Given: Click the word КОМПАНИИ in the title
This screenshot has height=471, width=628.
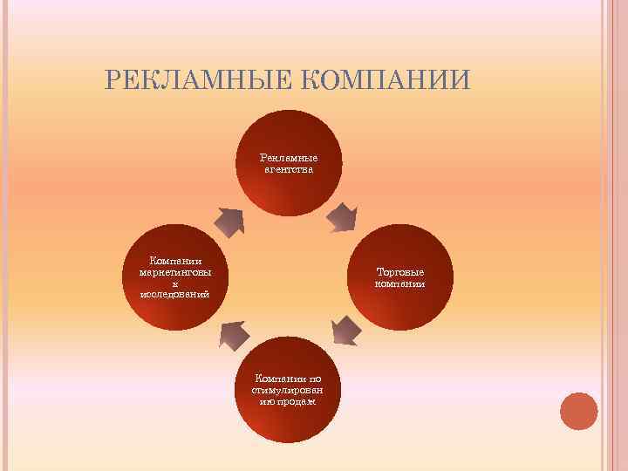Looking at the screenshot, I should pyautogui.click(x=386, y=80).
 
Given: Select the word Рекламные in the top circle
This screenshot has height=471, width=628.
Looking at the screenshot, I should pyautogui.click(x=288, y=158).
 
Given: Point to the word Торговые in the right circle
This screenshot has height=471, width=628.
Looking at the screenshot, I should pyautogui.click(x=400, y=271).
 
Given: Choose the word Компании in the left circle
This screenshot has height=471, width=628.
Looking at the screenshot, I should pyautogui.click(x=175, y=260).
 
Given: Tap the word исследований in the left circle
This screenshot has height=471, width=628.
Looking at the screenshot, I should pyautogui.click(x=175, y=294).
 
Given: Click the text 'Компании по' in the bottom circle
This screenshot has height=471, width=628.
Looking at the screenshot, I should pyautogui.click(x=288, y=379).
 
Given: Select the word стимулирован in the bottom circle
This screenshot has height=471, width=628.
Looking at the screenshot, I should pyautogui.click(x=288, y=390).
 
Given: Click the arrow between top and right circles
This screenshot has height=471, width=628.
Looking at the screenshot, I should pyautogui.click(x=342, y=218).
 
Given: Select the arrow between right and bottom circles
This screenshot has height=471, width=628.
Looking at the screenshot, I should pyautogui.click(x=345, y=330).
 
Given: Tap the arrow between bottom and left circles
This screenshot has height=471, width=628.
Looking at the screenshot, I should pyautogui.click(x=232, y=333).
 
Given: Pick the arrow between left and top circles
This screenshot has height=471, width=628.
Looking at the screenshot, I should pyautogui.click(x=229, y=222).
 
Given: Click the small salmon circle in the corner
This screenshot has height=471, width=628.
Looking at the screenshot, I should pyautogui.click(x=578, y=411).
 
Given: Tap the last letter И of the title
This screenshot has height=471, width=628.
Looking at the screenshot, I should pyautogui.click(x=461, y=80).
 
